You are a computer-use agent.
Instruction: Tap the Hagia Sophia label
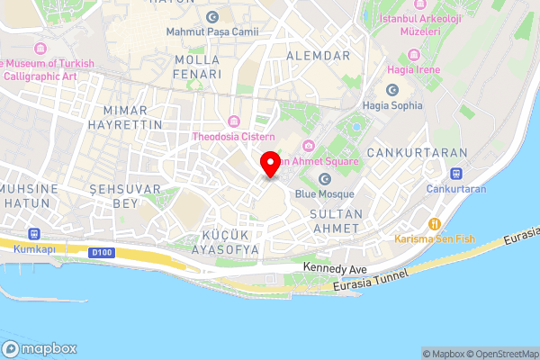tap(392, 105)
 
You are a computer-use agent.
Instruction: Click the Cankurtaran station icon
tap(456, 174)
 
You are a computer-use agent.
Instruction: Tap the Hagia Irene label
tap(413, 69)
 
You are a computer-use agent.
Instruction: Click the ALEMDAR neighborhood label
tap(317, 55)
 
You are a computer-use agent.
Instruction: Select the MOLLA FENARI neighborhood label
tap(197, 67)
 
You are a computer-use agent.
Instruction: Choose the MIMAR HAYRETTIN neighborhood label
tap(126, 116)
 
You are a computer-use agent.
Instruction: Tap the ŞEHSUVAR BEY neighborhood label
tap(125, 196)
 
